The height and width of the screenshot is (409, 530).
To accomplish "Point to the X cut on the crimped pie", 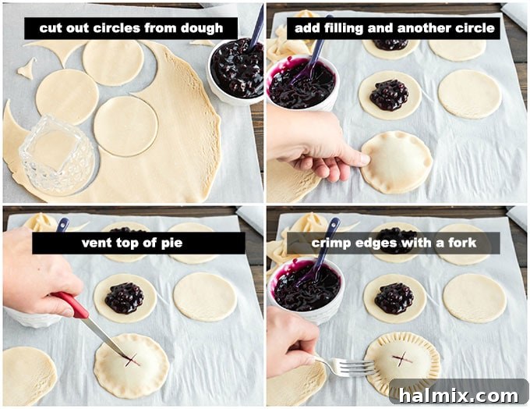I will click(x=401, y=359).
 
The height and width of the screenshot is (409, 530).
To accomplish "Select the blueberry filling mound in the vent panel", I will click(x=125, y=297).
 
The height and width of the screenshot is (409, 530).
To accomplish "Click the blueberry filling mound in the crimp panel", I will click(x=394, y=298).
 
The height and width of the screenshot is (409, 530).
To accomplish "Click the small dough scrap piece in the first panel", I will click(x=26, y=69).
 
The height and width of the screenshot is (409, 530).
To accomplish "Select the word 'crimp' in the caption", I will click(x=333, y=243).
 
